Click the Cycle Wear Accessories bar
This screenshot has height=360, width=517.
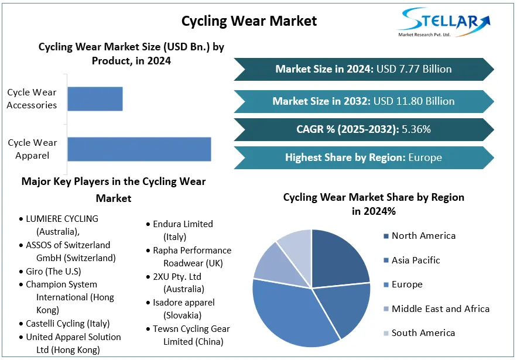tap(95, 99)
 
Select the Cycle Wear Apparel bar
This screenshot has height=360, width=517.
tap(139, 149)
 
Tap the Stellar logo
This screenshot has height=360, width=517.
tap(443, 22)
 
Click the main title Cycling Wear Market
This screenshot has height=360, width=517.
tap(249, 21)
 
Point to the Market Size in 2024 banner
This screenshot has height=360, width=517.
tap(363, 69)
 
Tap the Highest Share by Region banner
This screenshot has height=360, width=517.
tap(363, 157)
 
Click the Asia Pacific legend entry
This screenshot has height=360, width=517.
tap(415, 260)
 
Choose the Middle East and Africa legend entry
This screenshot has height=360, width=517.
tap(440, 308)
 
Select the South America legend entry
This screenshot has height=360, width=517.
tap(423, 332)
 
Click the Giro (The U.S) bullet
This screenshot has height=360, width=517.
tap(53, 271)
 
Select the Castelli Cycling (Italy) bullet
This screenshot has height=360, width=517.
tap(67, 323)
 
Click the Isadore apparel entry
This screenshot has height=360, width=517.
tap(183, 308)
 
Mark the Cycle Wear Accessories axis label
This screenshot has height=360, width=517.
tap(32, 99)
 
